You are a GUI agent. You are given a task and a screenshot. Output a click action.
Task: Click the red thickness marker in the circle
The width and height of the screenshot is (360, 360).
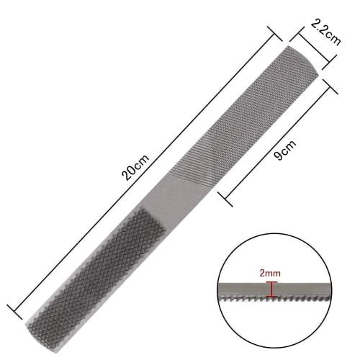tap(270, 289)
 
